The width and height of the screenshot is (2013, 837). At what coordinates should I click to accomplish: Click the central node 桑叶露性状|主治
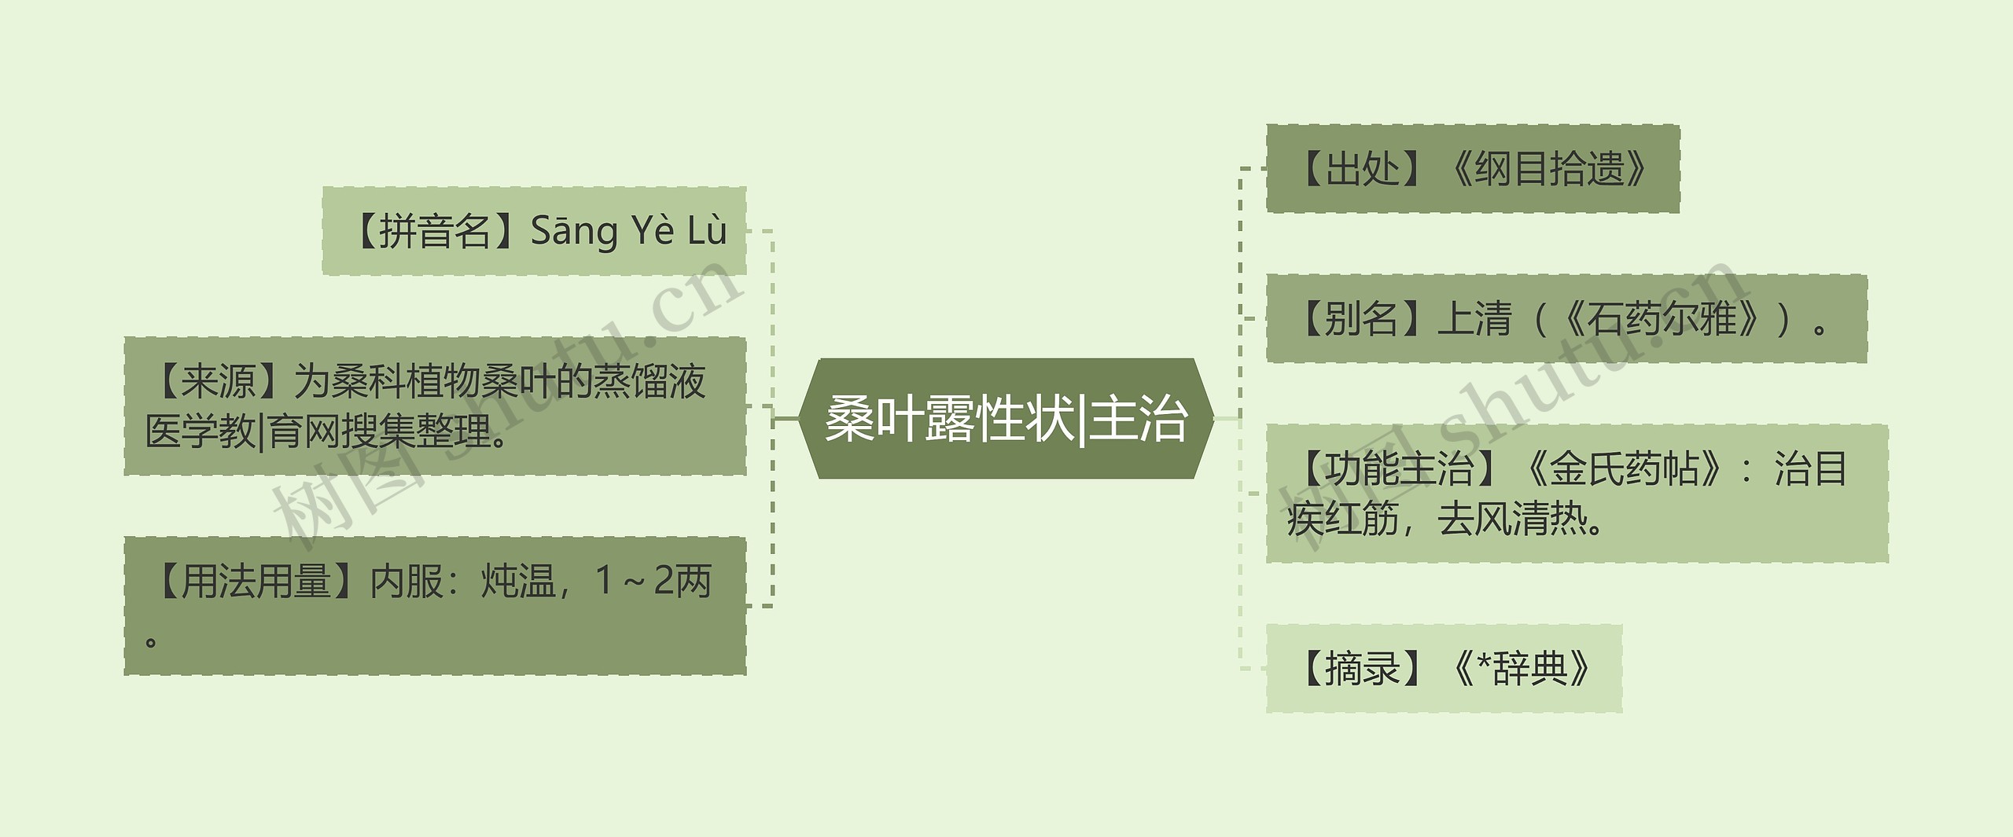(1006, 419)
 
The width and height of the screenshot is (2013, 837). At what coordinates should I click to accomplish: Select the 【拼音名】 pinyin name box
(534, 231)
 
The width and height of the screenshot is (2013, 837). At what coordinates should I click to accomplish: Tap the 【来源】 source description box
(435, 406)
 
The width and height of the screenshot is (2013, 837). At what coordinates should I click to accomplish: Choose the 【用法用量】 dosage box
(435, 606)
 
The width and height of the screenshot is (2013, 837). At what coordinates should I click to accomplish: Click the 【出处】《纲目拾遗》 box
(1472, 168)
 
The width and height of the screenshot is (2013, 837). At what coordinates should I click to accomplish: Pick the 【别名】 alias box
(1566, 319)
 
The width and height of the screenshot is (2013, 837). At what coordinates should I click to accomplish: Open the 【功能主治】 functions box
(1577, 494)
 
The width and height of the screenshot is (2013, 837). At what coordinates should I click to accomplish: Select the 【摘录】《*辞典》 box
(1444, 669)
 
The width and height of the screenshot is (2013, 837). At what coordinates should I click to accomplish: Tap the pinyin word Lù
(707, 231)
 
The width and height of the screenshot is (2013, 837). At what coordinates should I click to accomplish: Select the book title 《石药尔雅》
(1661, 319)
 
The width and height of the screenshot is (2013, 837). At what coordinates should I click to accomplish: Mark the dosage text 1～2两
(653, 582)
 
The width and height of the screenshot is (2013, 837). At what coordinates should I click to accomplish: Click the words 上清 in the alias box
(1474, 319)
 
